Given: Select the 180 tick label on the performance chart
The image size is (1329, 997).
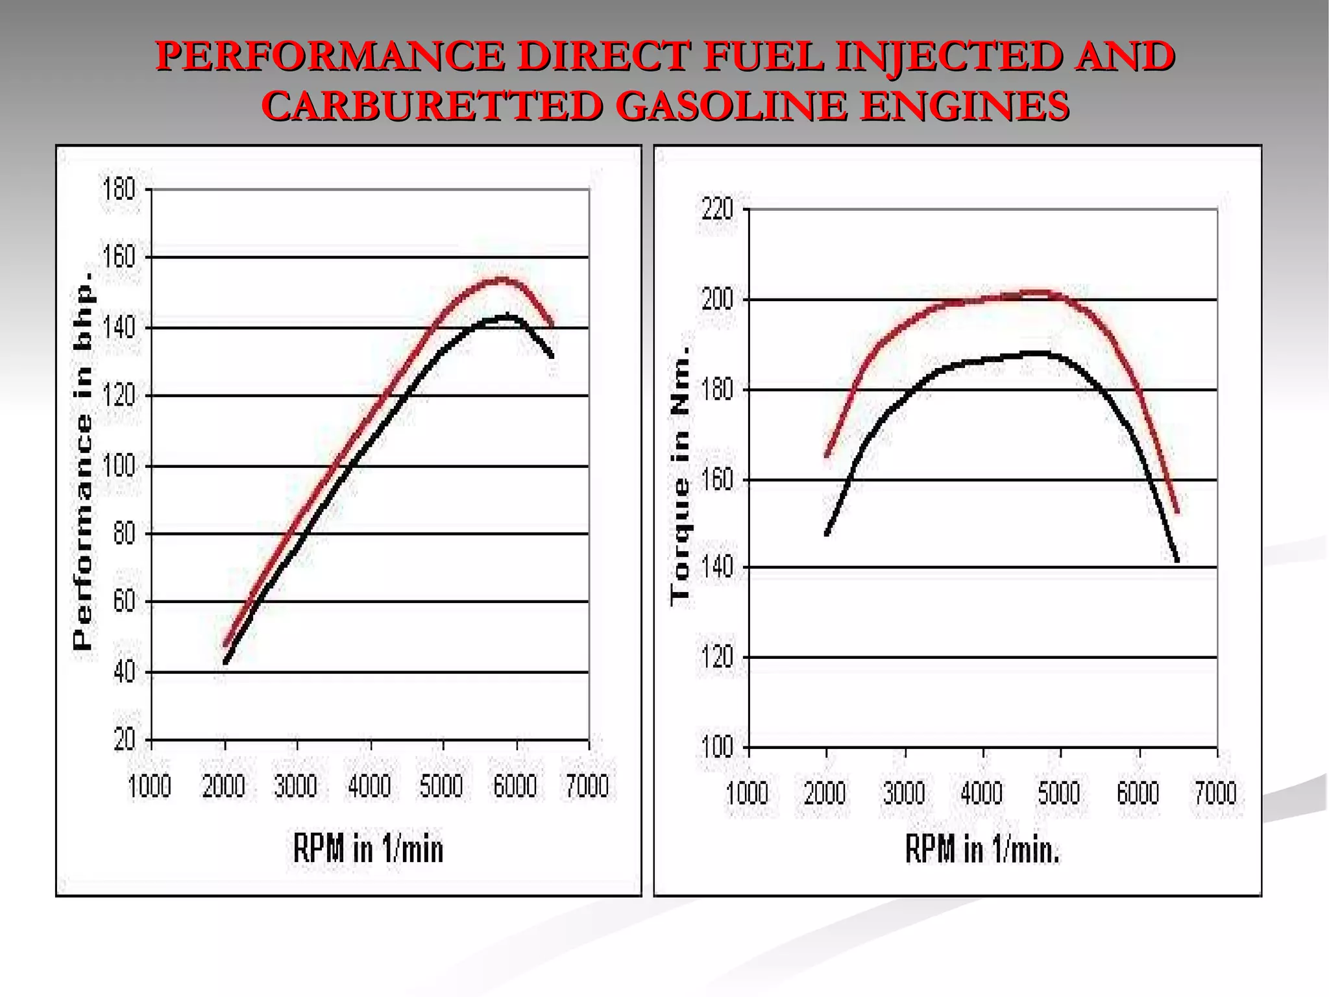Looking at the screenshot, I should pyautogui.click(x=119, y=190).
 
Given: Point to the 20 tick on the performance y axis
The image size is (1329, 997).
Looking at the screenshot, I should pyautogui.click(x=124, y=739).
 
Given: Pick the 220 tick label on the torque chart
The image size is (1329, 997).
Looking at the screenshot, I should pyautogui.click(x=718, y=209).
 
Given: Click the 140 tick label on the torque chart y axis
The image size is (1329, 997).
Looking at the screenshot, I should pyautogui.click(x=718, y=567).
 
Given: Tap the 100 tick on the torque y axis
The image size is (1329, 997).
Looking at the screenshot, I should pyautogui.click(x=718, y=748).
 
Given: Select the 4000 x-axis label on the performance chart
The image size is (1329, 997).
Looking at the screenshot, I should pyautogui.click(x=369, y=786).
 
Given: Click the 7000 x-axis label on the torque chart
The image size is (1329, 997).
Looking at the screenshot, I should pyautogui.click(x=1216, y=793).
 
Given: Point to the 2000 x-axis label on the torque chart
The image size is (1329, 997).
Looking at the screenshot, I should pyautogui.click(x=825, y=793).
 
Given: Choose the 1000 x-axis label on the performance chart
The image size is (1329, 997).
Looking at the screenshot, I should pyautogui.click(x=150, y=786).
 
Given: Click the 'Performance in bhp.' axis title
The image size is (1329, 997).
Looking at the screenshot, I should pyautogui.click(x=83, y=461).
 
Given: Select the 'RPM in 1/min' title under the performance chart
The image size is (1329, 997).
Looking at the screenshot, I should pyautogui.click(x=368, y=848).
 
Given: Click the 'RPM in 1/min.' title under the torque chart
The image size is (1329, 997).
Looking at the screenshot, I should pyautogui.click(x=982, y=848).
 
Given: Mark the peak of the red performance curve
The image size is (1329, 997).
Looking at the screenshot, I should pyautogui.click(x=502, y=280).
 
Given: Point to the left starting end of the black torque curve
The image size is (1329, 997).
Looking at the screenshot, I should pyautogui.click(x=827, y=534).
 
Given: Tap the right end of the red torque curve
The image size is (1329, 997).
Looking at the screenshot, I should pyautogui.click(x=1177, y=513).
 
